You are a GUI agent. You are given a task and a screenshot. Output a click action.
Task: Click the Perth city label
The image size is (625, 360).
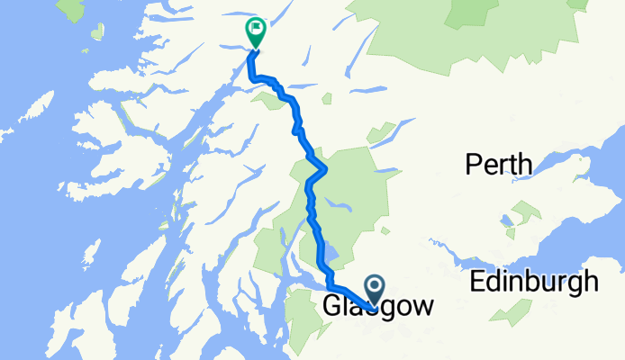498,165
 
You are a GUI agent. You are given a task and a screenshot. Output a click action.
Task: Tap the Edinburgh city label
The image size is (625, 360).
534,281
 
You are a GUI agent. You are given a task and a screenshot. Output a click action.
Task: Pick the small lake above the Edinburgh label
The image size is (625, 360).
508,219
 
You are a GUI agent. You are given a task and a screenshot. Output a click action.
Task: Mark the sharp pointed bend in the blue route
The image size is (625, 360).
324,168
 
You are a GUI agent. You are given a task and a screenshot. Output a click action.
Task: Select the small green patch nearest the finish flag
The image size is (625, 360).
271,99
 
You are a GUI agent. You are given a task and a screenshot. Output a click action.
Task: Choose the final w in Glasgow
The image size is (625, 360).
421,307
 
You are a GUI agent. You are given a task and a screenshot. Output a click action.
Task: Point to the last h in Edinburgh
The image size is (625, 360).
590,281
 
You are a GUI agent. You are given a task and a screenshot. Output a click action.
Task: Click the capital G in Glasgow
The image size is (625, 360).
331,307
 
